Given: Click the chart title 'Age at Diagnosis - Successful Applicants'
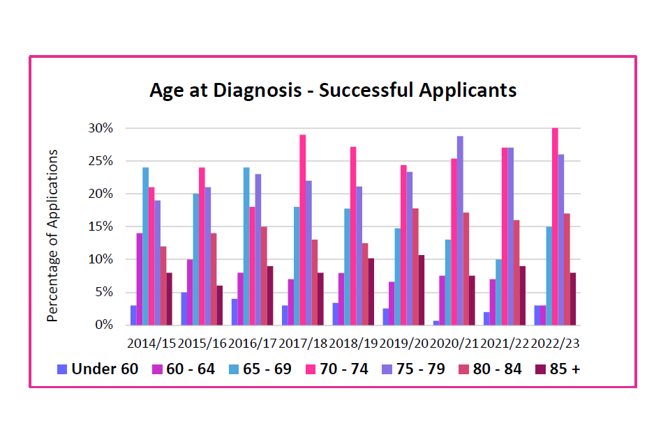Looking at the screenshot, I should (x=333, y=91).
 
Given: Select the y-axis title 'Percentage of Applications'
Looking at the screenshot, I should (x=52, y=236).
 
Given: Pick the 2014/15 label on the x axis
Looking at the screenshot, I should (x=151, y=344).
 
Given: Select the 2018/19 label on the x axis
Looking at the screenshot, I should (x=353, y=344).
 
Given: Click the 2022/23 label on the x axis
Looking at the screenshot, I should (x=556, y=344).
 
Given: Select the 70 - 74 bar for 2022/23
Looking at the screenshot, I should (x=556, y=226).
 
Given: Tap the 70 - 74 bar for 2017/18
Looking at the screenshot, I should (x=303, y=230).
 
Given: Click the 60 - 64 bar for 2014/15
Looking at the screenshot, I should (x=140, y=279).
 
